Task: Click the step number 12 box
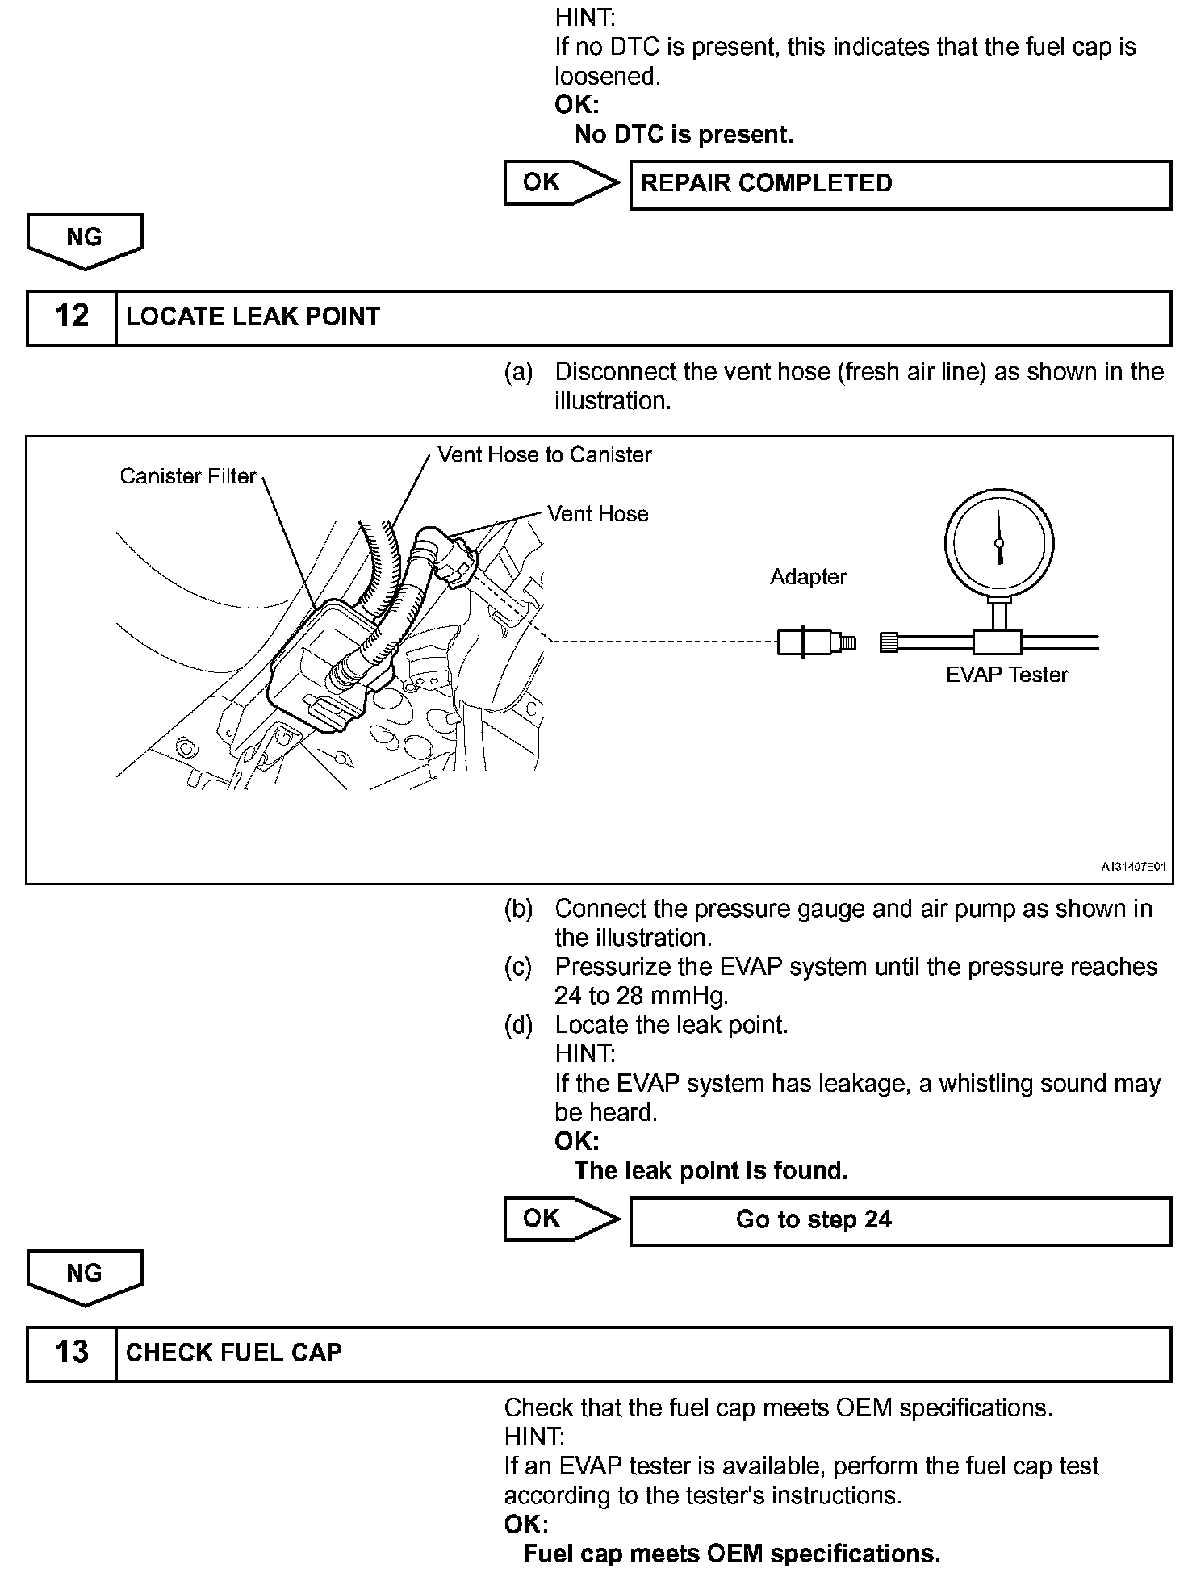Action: [x=71, y=317]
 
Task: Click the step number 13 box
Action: [x=71, y=1353]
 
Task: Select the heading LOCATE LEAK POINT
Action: [x=253, y=317]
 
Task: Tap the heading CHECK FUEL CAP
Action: [x=234, y=1353]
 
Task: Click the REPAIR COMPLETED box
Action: [x=900, y=185]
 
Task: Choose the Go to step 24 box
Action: [x=900, y=1220]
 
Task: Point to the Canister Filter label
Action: [x=188, y=476]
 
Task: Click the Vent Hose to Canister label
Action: [x=545, y=455]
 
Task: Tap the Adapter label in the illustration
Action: [x=808, y=577]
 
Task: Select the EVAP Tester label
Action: [x=1006, y=675]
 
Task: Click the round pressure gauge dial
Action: [x=999, y=541]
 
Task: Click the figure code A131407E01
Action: [x=1134, y=868]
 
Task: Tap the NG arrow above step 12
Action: [x=85, y=240]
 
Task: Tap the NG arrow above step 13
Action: [x=85, y=1277]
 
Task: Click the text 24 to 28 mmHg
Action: [x=642, y=996]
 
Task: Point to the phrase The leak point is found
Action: [x=711, y=1170]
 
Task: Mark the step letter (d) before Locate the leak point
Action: [x=518, y=1025]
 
